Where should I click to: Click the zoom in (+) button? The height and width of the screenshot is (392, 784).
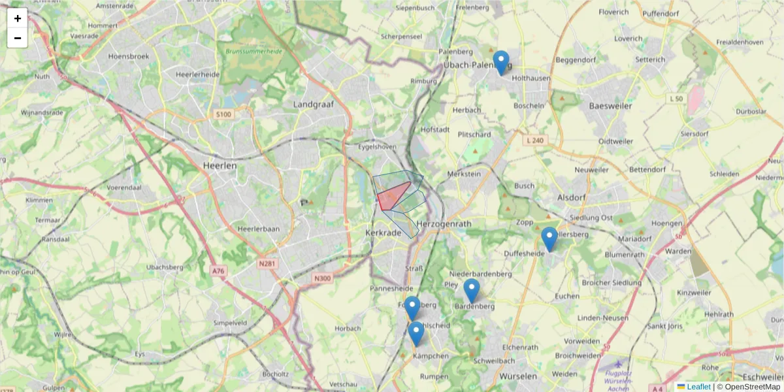[x=18, y=18]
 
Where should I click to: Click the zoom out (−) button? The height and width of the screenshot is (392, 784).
[x=18, y=38]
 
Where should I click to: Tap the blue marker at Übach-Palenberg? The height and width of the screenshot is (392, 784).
[x=501, y=63]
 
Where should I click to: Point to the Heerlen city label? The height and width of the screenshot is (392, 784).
[x=220, y=166]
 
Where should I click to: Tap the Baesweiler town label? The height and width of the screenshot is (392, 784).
[x=610, y=105]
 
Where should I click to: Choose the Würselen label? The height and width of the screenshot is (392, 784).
[x=517, y=376]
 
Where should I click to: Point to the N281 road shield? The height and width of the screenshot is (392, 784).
[x=267, y=264]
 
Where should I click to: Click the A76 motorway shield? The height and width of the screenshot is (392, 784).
[x=218, y=270]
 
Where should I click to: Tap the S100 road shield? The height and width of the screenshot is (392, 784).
[x=223, y=115]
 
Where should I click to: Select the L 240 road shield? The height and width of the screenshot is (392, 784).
[x=534, y=140]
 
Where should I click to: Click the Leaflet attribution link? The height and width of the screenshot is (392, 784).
[x=698, y=387]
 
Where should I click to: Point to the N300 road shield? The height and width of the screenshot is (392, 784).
[x=322, y=278]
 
